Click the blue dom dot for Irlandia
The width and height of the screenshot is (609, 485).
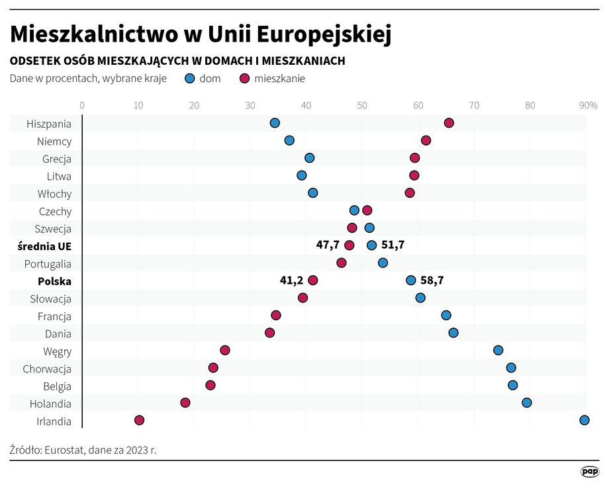[x=584, y=420]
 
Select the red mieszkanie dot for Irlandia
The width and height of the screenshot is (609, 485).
[x=139, y=420]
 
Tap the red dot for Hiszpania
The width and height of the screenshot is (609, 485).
[x=449, y=123]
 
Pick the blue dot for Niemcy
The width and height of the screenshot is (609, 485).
[x=289, y=140]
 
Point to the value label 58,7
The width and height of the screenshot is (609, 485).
[x=432, y=281]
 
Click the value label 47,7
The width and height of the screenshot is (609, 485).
[x=328, y=245]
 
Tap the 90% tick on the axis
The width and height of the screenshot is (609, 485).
[x=588, y=105]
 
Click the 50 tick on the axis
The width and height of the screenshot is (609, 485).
[x=362, y=105]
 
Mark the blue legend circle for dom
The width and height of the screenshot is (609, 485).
[x=190, y=78]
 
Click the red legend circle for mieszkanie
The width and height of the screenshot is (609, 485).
[x=244, y=78]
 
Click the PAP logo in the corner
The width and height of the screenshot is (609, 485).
[x=589, y=471]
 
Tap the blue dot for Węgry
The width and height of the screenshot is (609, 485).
[x=498, y=350]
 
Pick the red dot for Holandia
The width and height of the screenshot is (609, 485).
[x=185, y=403]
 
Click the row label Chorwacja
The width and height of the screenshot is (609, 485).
[x=47, y=369]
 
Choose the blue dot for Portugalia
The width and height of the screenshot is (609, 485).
[x=383, y=263]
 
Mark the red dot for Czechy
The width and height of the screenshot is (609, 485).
[x=367, y=210]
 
